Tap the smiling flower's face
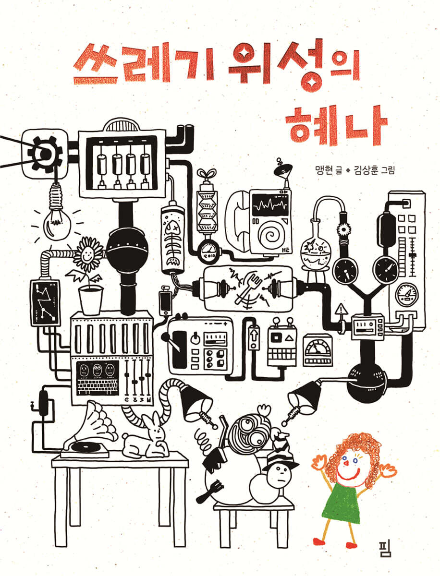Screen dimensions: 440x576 (x=88, y=254)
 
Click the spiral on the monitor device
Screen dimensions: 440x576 (x=270, y=234)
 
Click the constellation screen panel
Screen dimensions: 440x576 (x=45, y=302)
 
